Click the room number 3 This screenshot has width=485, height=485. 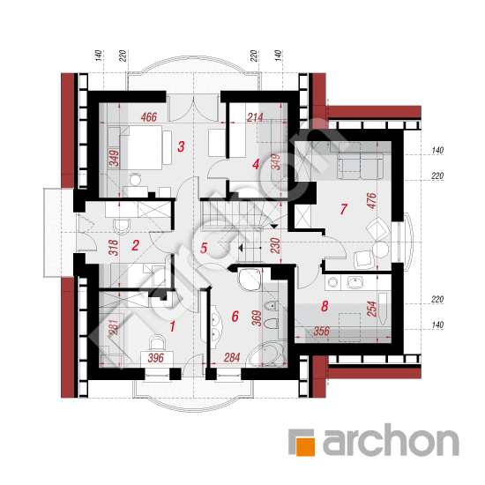click(x=181, y=146)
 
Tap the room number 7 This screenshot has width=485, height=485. click(x=343, y=209)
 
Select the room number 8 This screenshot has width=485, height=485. click(x=325, y=306)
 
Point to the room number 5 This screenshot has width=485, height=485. click(x=203, y=248)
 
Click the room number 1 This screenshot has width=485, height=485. click(x=172, y=326)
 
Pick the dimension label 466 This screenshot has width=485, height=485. click(x=149, y=117)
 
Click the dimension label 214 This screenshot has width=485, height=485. click(x=255, y=117)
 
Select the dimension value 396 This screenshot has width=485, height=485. click(x=155, y=358)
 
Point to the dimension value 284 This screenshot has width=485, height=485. click(x=232, y=357)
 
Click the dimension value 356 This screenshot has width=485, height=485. click(x=321, y=332)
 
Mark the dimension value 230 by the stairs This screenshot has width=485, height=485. click(x=275, y=246)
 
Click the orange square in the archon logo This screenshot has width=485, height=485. click(x=306, y=447)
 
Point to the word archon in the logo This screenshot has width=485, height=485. click(x=391, y=440)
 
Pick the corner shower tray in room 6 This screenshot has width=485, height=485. click(x=250, y=279)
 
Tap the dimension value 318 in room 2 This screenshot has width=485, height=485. click(x=114, y=248)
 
